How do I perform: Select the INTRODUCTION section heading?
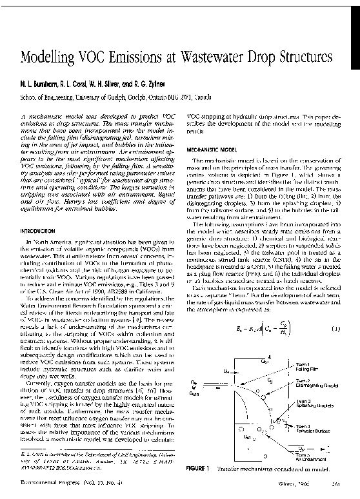coord(42,230)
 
